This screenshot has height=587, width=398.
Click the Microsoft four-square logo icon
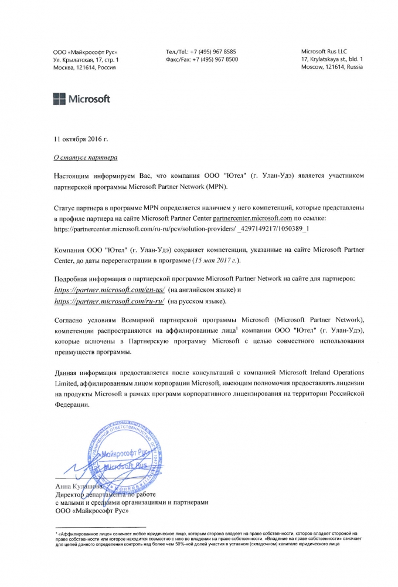point(60,99)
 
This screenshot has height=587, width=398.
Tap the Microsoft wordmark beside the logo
point(90,99)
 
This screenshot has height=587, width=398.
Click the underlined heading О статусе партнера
point(86,158)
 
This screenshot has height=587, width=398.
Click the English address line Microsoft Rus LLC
point(325,52)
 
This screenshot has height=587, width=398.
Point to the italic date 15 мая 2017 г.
point(215,259)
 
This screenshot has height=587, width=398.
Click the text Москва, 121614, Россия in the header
point(84,68)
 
